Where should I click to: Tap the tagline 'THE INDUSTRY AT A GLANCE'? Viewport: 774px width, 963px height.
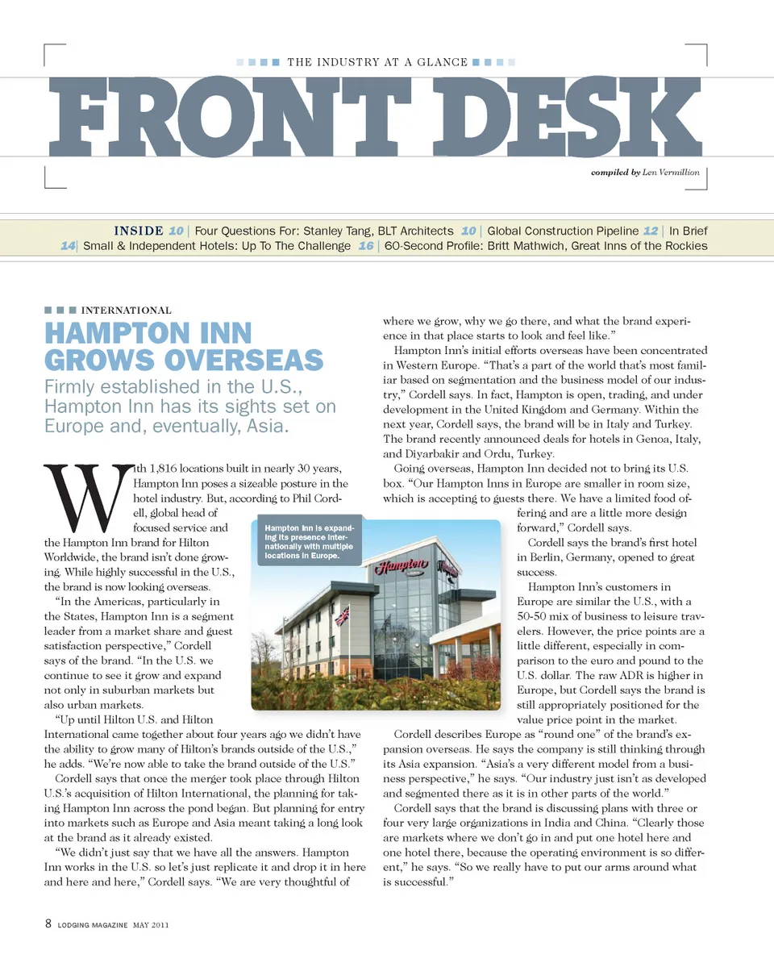pos(377,62)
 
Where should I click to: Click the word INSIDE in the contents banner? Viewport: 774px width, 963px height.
pos(139,231)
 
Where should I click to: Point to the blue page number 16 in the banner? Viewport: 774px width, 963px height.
pos(365,246)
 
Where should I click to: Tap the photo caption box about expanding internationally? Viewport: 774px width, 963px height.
pos(308,541)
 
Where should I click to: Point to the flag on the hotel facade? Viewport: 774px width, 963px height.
pos(342,615)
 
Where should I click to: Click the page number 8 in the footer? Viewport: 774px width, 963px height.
pos(48,924)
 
